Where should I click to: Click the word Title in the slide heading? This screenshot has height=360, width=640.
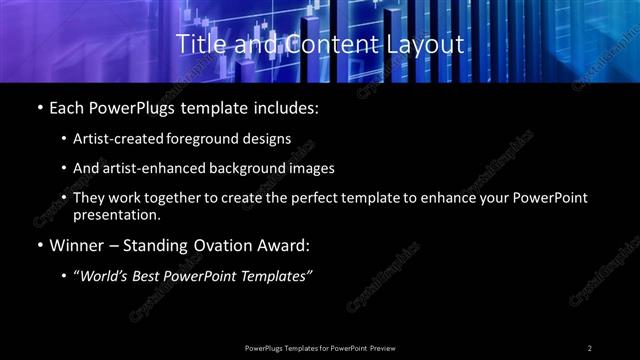pos(198,45)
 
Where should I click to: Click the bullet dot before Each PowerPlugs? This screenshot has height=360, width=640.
pos(38,107)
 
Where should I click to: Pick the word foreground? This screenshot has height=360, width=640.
pos(208,139)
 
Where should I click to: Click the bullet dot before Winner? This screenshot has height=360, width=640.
pos(38,245)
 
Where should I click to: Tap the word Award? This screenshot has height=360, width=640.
pos(286,245)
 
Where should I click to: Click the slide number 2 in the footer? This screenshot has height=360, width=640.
pos(590,347)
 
